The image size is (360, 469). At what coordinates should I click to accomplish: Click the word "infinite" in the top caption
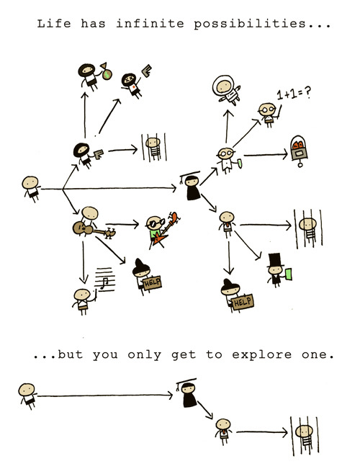point(150,23)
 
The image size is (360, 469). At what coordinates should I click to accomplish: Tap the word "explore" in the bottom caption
point(261,355)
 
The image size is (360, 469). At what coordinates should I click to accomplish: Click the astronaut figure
point(226,90)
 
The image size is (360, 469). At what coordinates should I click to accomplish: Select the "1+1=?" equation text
point(294,93)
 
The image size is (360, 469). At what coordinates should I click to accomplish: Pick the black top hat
point(275,259)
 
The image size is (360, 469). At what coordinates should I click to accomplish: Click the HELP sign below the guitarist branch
point(153,282)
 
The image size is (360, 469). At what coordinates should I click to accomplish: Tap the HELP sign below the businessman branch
point(243,302)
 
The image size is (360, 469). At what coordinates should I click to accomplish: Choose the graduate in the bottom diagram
point(188,393)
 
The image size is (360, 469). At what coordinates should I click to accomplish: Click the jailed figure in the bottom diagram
point(305,436)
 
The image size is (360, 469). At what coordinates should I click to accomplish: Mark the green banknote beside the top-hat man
point(289,274)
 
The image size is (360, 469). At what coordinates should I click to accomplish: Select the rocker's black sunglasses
point(156,223)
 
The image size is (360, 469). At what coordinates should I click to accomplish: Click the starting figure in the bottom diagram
point(27,396)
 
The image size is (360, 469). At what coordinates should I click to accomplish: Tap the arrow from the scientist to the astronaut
point(228,126)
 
